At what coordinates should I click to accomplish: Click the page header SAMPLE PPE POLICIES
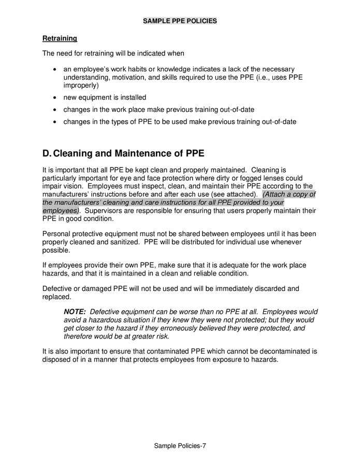pos(180,21)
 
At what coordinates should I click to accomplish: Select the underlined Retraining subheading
pos(60,38)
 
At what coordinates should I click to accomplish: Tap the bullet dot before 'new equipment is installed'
pos(55,97)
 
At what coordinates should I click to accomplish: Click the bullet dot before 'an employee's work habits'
pos(55,69)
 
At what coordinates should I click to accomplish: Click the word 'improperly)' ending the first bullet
pos(81,85)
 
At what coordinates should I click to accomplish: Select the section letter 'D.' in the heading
pos(47,154)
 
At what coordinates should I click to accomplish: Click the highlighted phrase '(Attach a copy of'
pos(289,194)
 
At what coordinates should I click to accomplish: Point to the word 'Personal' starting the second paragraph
pos(57,234)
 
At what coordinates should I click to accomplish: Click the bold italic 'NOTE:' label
pos(75,312)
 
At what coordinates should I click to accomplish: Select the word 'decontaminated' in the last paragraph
pos(286,351)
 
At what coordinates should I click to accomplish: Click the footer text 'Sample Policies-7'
pos(180,446)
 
